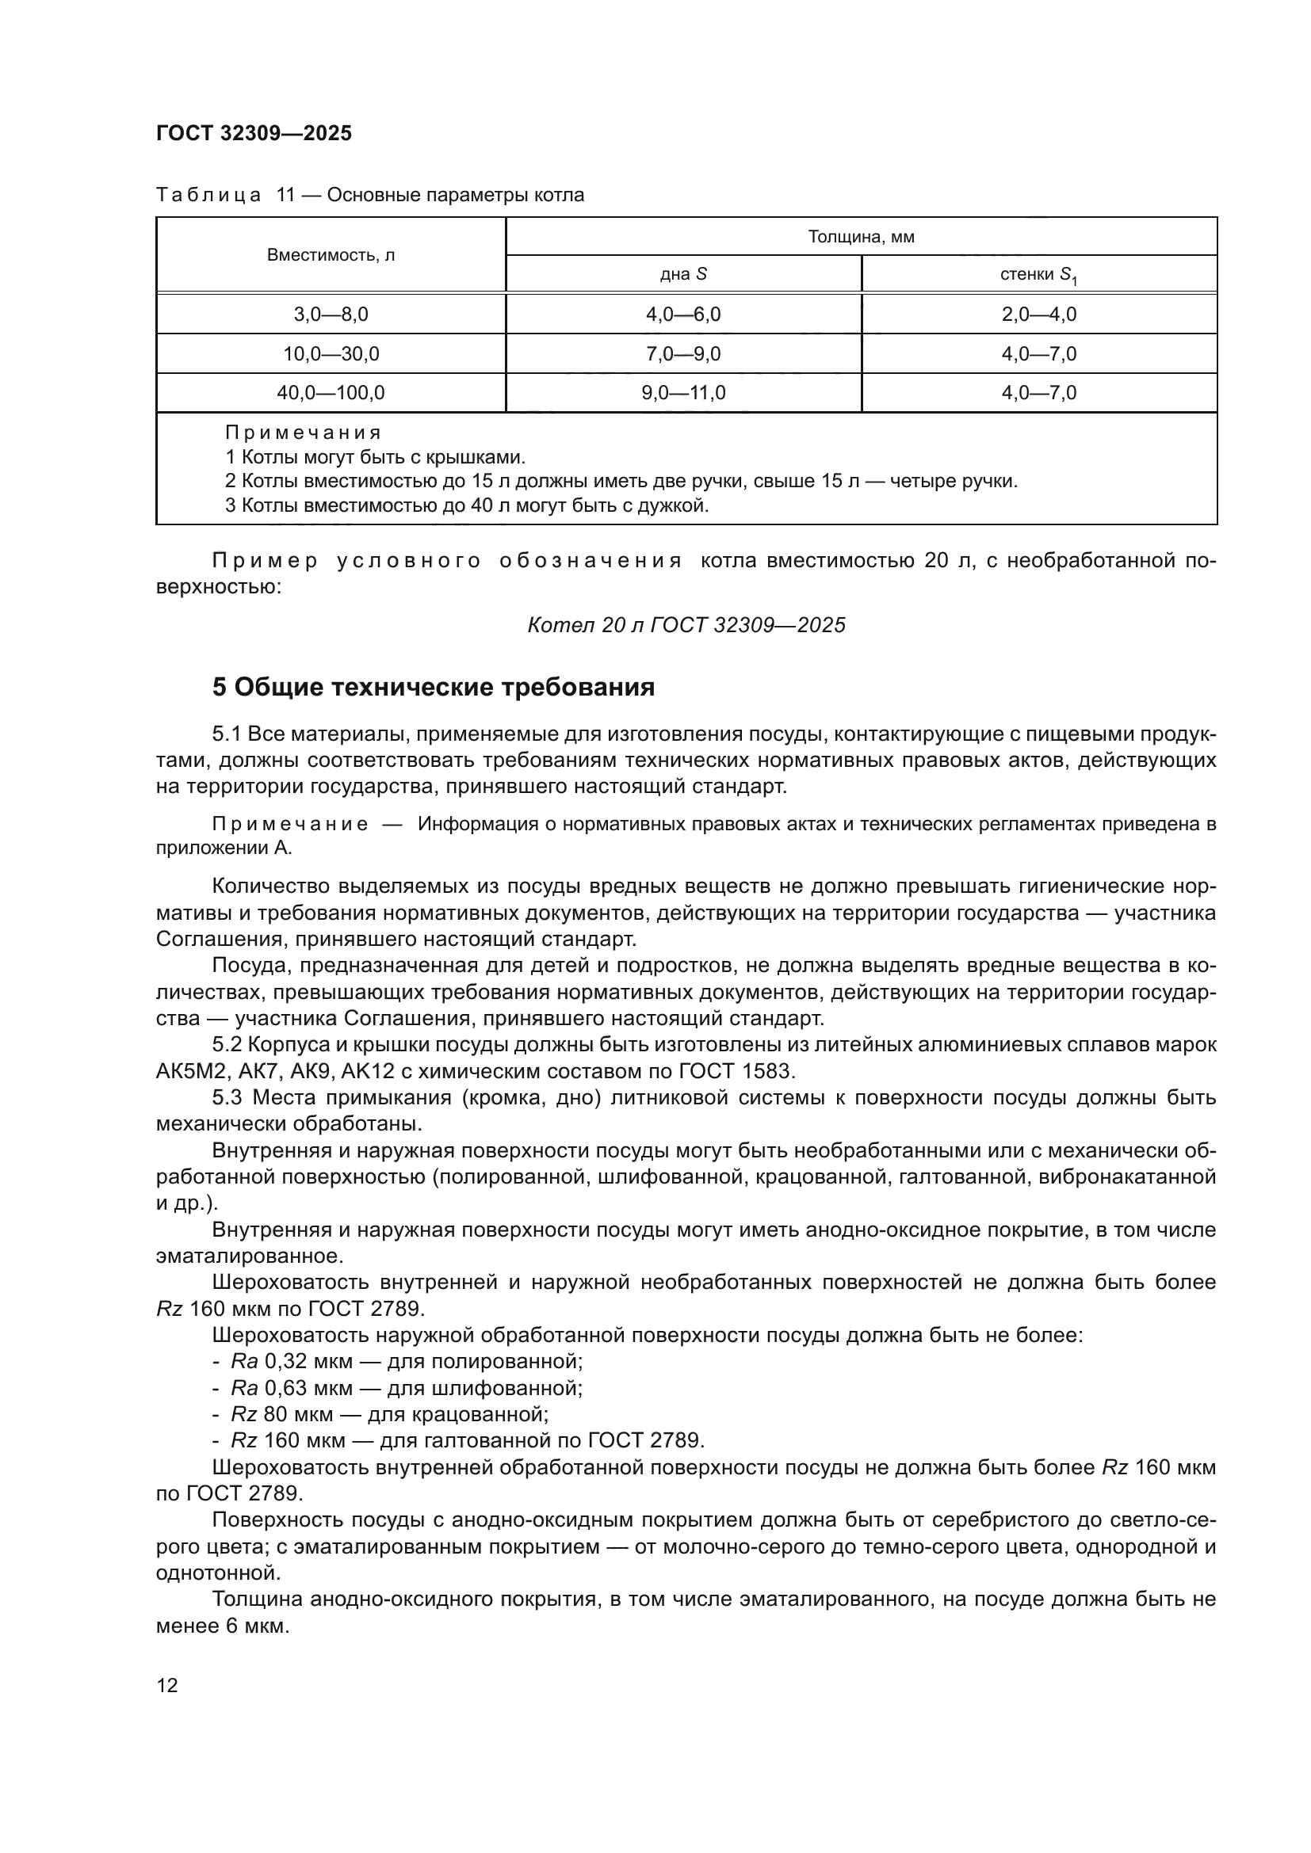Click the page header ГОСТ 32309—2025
click(x=254, y=134)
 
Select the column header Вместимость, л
click(x=331, y=256)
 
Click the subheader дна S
click(x=683, y=274)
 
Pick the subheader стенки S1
click(x=1038, y=275)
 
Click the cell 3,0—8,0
click(x=331, y=315)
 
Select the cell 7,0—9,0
click(x=683, y=354)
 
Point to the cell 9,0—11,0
click(x=683, y=393)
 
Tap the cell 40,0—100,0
click(x=331, y=393)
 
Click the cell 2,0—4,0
click(x=1038, y=315)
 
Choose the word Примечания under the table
click(x=303, y=433)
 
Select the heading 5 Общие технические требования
click(x=434, y=688)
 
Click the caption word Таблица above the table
click(x=208, y=196)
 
